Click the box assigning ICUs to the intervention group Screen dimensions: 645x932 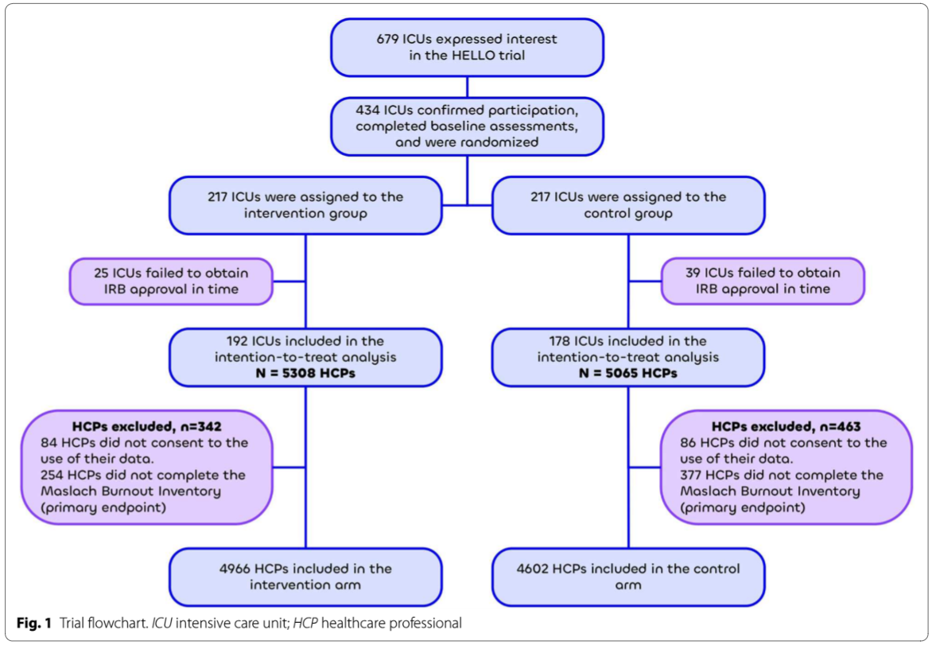pyautogui.click(x=305, y=205)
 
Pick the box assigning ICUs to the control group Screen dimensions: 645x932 pyautogui.click(x=627, y=205)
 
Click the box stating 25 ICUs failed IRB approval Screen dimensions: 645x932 pyautogui.click(x=171, y=281)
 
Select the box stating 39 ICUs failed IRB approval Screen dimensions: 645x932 pyautogui.click(x=763, y=281)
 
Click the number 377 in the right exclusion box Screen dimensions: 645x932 pyautogui.click(x=692, y=475)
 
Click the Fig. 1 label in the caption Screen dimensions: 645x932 pyautogui.click(x=37, y=622)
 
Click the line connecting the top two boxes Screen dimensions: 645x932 pyautogui.click(x=467, y=87)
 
